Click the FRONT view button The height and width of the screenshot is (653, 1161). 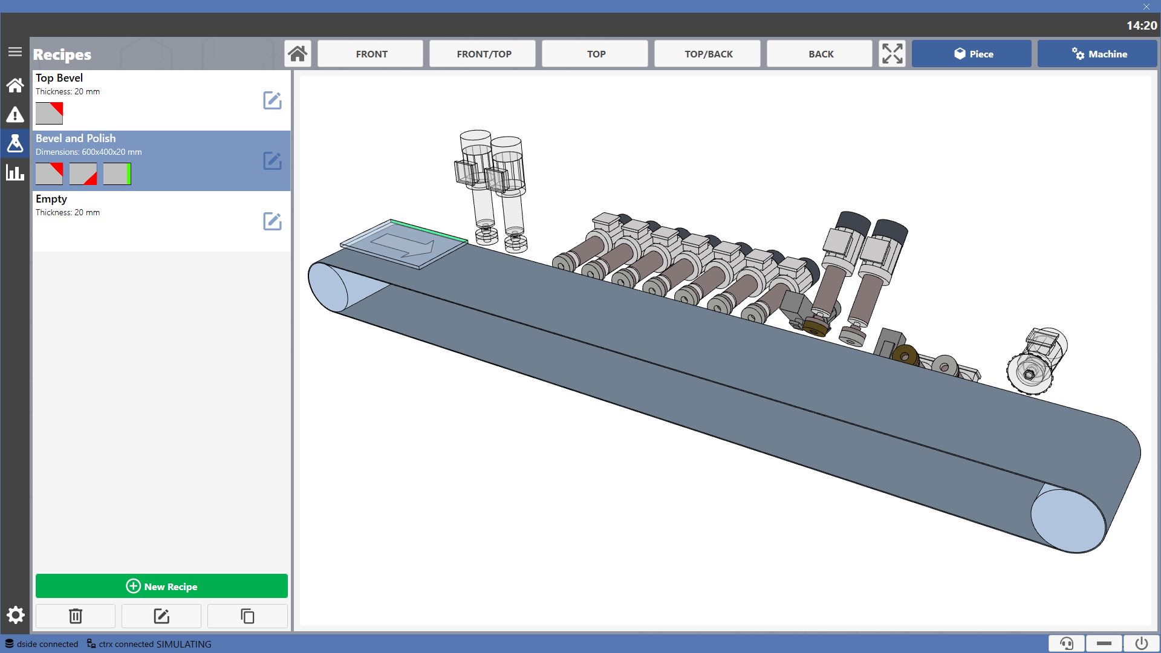pos(371,54)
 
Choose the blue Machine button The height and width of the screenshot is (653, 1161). pos(1098,54)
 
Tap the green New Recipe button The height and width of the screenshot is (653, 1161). pos(161,586)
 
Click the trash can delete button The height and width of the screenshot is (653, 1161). pos(76,616)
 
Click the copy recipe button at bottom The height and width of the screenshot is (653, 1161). pos(247,616)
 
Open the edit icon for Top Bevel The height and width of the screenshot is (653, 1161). pos(272,100)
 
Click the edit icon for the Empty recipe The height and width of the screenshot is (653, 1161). pos(272,221)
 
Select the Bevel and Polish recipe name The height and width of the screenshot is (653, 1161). pos(76,138)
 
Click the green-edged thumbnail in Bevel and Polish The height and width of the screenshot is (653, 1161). pos(117,174)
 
